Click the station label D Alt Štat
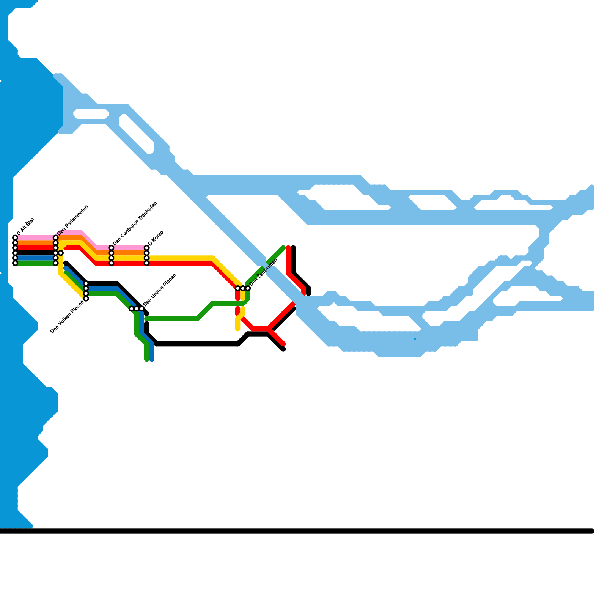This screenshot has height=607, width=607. [26, 226]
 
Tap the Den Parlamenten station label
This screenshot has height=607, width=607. [73, 220]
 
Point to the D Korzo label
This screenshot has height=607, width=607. [156, 238]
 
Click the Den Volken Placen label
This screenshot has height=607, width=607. [67, 317]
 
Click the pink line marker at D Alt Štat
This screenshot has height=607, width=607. [15, 238]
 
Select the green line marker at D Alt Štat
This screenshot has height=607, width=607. [15, 263]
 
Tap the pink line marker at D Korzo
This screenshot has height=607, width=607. [147, 248]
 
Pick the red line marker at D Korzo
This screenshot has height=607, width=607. [147, 263]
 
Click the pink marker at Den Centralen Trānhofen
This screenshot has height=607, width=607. [111, 248]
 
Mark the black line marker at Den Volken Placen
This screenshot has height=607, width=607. [86, 283]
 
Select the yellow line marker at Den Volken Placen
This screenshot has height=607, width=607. [86, 299]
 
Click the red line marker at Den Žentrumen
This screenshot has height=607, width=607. [238, 288]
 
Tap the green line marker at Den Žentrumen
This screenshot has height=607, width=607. [248, 288]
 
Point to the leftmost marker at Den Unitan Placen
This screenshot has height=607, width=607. [131, 308]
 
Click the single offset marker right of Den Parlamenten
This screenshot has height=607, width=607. [61, 253]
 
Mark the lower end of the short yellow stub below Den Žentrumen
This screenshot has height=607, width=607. [238, 329]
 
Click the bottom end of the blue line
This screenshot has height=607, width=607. [152, 359]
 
